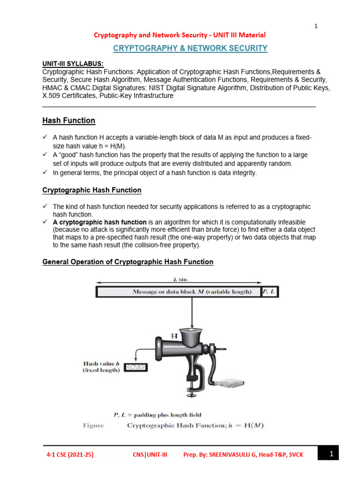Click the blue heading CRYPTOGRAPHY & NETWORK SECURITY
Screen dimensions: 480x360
190,48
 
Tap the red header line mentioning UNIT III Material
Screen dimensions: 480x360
180,35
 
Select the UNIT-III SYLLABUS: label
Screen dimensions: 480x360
73,63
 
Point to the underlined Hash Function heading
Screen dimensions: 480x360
68,120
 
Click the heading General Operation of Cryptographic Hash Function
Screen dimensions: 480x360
128,262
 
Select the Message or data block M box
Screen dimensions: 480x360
179,292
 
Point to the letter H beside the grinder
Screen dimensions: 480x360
174,336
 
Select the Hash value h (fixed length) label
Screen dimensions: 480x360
101,367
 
